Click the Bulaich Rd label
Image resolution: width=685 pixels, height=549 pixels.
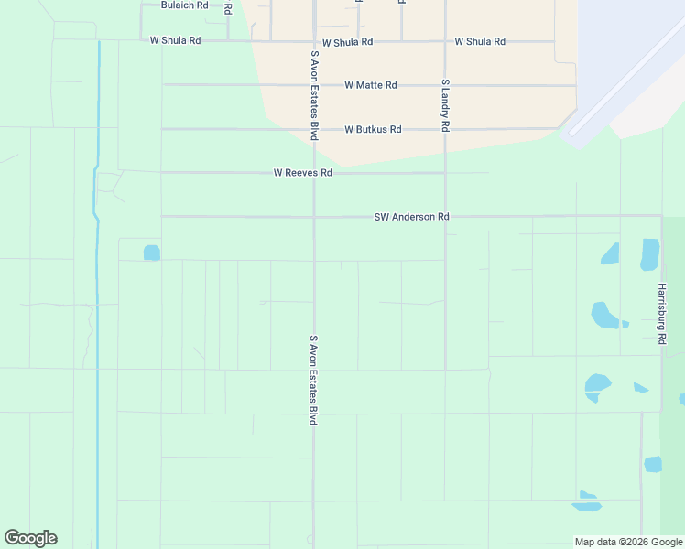coord(184,5)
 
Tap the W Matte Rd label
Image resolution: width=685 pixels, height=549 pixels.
coord(370,85)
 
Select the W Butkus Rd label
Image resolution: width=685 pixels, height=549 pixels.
coord(373,130)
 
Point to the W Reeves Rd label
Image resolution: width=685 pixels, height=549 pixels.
coord(302,173)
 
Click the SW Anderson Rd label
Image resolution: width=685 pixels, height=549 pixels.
coord(411,217)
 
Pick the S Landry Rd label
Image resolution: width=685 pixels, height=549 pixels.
coord(445,105)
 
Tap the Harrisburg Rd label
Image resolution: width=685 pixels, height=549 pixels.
coord(661,313)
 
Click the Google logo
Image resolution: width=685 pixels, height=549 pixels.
coord(30,538)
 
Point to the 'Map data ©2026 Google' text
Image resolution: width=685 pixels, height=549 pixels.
coord(628,542)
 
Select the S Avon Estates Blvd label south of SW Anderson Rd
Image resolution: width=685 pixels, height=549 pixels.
coord(313,379)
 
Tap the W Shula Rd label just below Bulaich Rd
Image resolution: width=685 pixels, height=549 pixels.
coord(175,41)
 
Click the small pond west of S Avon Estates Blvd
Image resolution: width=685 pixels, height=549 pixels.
coord(151,253)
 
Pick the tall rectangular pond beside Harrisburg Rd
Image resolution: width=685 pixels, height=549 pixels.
coord(649,254)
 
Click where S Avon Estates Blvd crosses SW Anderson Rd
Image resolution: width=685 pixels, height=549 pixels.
coord(314,217)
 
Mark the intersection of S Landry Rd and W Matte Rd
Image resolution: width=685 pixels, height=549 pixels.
coord(445,85)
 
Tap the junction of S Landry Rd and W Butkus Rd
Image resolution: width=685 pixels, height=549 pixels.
coord(445,129)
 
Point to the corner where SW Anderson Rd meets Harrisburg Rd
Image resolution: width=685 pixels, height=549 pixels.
coord(661,217)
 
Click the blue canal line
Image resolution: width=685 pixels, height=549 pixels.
coord(97,274)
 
